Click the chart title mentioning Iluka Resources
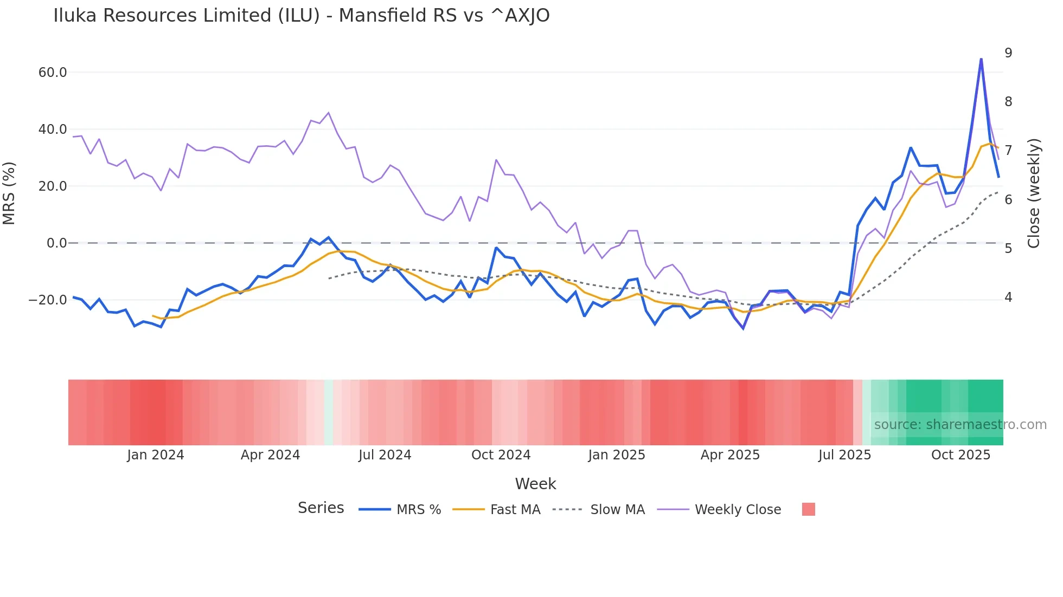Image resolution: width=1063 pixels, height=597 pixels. pos(301,16)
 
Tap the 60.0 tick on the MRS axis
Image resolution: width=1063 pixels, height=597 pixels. pos(53,73)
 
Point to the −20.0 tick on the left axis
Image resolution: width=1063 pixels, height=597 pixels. pos(48,300)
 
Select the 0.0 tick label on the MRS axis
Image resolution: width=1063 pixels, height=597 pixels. pos(56,243)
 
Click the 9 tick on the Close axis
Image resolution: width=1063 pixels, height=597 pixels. pos(1008,53)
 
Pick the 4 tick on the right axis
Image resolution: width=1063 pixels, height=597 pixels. pos(1008,297)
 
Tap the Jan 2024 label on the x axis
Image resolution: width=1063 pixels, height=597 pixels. pos(156,455)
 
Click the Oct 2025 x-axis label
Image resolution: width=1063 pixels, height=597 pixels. pos(960,455)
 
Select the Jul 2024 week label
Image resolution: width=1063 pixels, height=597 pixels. pos(385,455)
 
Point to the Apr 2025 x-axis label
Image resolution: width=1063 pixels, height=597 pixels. pos(730,455)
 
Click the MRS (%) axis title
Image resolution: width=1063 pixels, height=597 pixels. pos(9,193)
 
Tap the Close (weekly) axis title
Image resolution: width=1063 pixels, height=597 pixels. pos(1034,193)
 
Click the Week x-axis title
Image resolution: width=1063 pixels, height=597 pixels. pos(535,484)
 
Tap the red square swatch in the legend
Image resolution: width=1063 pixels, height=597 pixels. pos(808,509)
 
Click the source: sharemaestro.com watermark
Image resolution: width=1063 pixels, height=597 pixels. pos(960,425)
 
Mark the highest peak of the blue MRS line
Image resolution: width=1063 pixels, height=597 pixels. pos(981,59)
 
